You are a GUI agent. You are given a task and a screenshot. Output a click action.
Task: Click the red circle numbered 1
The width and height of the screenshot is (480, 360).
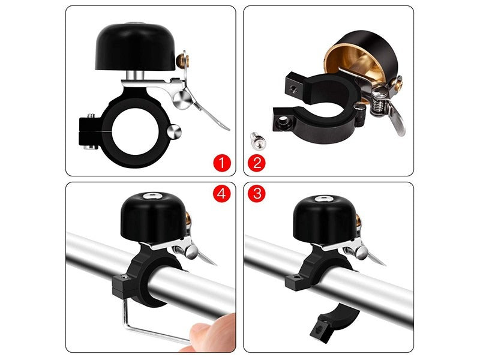click(x=221, y=163)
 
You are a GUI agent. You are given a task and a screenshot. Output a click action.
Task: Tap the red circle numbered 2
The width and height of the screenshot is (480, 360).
click(x=257, y=163)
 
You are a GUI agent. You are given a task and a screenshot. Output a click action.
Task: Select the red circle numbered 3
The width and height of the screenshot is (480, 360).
click(x=257, y=193)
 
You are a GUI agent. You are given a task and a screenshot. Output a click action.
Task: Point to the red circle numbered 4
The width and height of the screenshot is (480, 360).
click(x=221, y=193)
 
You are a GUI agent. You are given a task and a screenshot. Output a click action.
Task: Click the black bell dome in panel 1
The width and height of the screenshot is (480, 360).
click(x=136, y=47)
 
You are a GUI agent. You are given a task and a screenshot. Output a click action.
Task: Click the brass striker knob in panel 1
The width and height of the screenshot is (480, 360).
click(x=182, y=61)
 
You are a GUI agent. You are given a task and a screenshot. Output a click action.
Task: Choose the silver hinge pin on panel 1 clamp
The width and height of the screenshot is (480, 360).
click(x=175, y=132)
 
